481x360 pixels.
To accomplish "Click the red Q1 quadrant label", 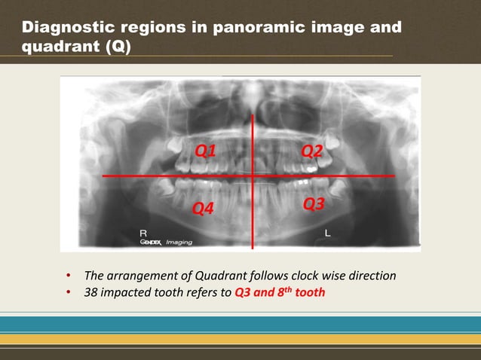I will [206, 150].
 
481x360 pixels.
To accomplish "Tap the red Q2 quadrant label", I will [312, 150].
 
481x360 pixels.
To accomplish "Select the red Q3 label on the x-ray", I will [314, 204].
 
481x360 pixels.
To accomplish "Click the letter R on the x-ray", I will [143, 233].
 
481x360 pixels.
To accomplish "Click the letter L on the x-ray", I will [327, 233].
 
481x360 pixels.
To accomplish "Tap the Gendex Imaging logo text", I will [167, 243].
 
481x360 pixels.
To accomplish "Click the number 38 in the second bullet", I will [91, 292].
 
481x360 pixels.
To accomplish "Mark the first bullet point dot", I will [69, 276].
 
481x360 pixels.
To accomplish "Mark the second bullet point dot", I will [69, 292].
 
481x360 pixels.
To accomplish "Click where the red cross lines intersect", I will [252, 176].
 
